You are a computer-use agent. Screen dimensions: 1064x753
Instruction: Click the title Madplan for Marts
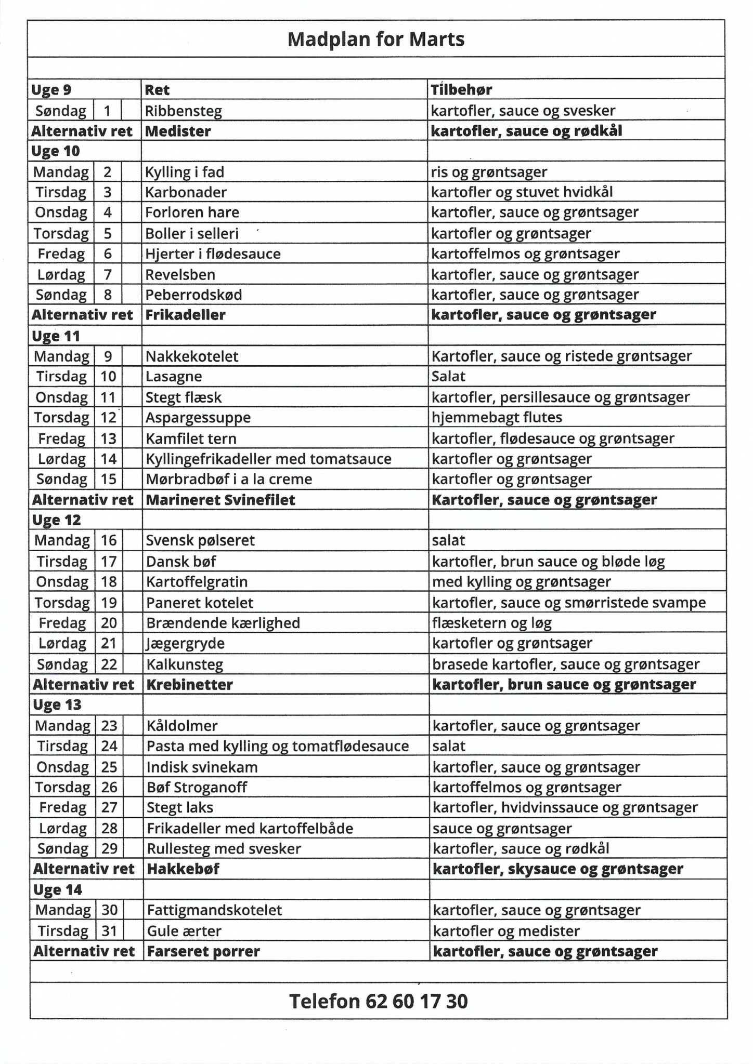point(376,39)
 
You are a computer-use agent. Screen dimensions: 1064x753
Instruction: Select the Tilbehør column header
point(461,90)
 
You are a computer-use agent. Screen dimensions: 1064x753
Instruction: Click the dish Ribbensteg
point(183,111)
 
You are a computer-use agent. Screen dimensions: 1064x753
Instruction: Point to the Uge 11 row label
point(56,336)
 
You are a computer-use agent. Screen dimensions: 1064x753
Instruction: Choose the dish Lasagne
point(174,376)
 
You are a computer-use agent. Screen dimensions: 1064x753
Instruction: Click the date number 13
point(108,438)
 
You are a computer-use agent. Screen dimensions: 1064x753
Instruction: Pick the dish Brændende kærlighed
point(223,622)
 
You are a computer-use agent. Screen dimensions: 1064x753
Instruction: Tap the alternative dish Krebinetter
point(189,684)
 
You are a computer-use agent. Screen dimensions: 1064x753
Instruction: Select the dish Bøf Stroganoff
point(197,787)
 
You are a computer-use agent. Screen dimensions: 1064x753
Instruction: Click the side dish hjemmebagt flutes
point(497,417)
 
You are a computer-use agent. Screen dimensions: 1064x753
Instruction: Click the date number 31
point(109,930)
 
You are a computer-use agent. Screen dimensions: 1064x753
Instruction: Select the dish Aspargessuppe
point(198,417)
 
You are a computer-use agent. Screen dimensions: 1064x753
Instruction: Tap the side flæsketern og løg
point(491,622)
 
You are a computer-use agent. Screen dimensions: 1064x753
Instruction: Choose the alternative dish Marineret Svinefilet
point(220,500)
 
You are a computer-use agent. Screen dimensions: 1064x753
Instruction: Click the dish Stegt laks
point(180,807)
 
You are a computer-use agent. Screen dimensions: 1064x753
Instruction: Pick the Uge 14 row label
point(58,889)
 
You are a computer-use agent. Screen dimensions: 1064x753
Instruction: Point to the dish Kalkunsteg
point(185,664)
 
